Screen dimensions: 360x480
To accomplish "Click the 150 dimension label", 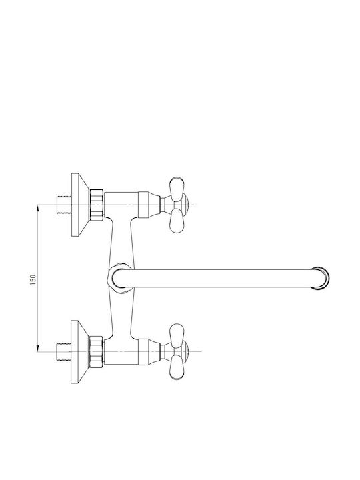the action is (33, 279).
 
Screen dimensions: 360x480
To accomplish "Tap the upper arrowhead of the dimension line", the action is (37, 208).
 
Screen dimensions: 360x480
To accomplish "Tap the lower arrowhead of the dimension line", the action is (37, 348).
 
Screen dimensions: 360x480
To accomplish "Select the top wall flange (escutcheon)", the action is (80, 205).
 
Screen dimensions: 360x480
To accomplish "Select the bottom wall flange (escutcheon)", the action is (80, 352).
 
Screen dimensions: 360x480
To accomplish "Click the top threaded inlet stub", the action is (64, 205).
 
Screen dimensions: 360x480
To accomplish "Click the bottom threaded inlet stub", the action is (64, 352).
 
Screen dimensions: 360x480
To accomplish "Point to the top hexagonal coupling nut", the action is (97, 205).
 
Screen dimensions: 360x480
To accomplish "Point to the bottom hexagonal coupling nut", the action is (97, 352).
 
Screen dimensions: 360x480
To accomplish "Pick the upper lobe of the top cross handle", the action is (177, 188).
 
